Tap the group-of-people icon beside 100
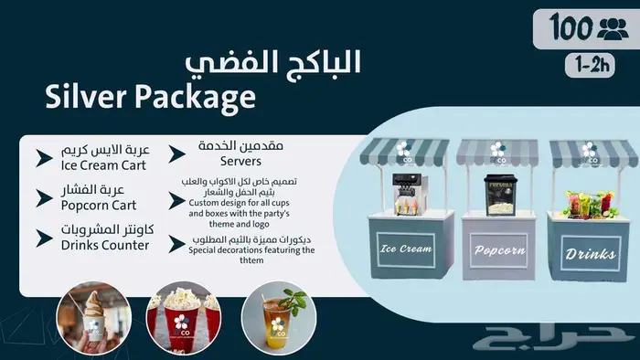click(612, 28)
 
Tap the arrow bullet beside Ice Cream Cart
click(43, 158)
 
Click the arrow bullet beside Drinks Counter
click(43, 238)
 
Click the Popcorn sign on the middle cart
click(498, 249)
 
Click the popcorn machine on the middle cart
click(499, 193)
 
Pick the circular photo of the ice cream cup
click(93, 317)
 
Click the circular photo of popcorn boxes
click(183, 318)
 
